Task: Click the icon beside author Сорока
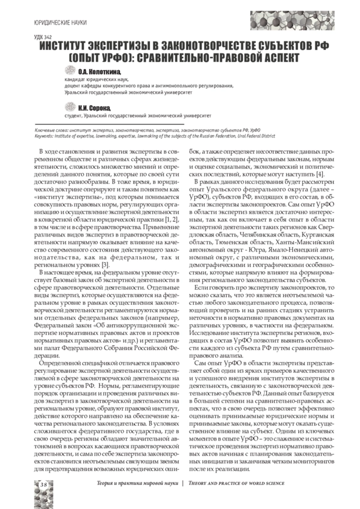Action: [71, 107]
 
